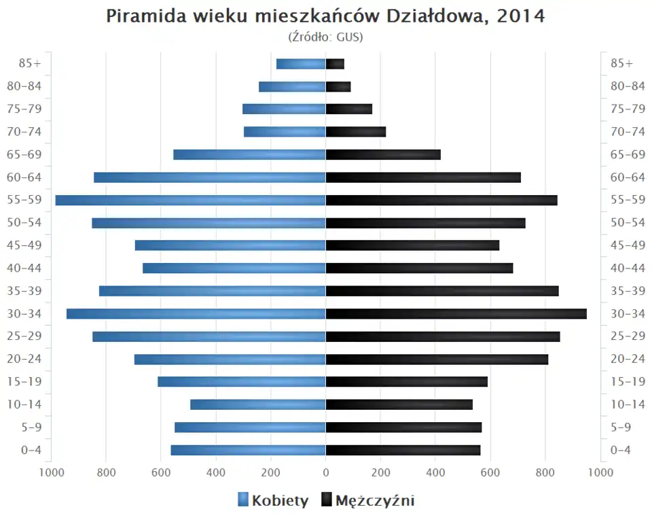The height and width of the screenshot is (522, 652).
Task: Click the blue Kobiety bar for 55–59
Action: point(190,200)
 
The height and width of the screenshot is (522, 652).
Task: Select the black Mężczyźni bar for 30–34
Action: point(456,313)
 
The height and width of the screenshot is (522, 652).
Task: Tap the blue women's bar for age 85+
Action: point(301,64)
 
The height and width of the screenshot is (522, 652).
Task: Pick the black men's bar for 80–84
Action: point(338,86)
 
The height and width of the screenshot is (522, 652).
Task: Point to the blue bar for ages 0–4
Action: point(248,450)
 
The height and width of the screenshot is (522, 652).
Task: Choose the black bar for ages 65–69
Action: point(383,154)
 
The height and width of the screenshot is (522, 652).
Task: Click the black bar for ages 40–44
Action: point(419,268)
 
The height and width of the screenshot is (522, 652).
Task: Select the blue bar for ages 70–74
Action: point(285,132)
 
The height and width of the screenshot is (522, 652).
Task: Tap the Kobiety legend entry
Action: point(273,501)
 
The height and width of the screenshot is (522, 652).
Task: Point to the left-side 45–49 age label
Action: point(24,245)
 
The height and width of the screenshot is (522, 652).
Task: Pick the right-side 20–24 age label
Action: point(628,359)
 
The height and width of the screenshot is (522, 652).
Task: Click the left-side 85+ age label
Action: point(30,63)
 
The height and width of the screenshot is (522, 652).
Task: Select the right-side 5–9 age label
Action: point(622,428)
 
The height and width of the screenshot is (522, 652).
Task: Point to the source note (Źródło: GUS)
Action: point(326,37)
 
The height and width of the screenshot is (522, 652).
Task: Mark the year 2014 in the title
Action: point(521,16)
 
